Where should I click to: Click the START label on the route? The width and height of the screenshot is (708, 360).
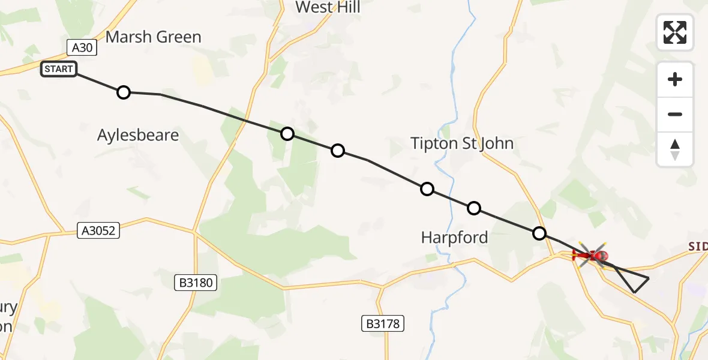pyautogui.click(x=58, y=69)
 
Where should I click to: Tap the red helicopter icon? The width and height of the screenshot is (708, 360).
pyautogui.click(x=590, y=256)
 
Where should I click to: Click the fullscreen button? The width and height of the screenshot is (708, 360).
pyautogui.click(x=675, y=32)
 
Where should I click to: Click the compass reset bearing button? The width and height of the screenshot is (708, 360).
pyautogui.click(x=675, y=150)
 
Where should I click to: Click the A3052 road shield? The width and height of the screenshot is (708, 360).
pyautogui.click(x=99, y=230)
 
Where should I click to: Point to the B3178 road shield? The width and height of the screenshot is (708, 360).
pyautogui.click(x=383, y=323)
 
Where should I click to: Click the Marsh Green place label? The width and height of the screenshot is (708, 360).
pyautogui.click(x=153, y=37)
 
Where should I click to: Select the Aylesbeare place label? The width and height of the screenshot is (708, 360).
pyautogui.click(x=138, y=135)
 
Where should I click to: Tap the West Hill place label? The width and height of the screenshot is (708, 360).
pyautogui.click(x=328, y=7)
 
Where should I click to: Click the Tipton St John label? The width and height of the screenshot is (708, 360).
pyautogui.click(x=462, y=143)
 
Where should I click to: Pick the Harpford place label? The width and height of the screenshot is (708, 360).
pyautogui.click(x=454, y=238)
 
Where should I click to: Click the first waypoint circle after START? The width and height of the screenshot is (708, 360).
pyautogui.click(x=123, y=92)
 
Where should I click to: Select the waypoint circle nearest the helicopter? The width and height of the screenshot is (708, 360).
pyautogui.click(x=539, y=233)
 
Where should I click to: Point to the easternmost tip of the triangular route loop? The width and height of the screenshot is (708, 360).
pyautogui.click(x=649, y=278)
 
